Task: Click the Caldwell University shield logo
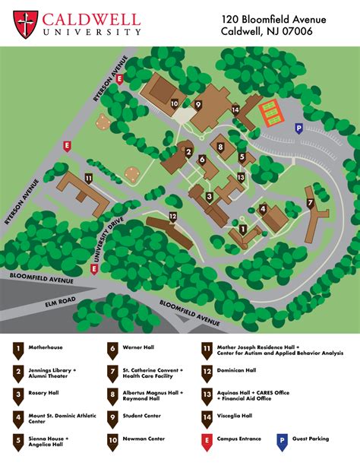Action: (x=25, y=24)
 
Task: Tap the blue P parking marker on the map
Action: (x=298, y=128)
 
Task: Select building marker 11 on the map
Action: (x=89, y=179)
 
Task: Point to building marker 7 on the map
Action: (x=309, y=202)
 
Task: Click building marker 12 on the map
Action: (x=173, y=217)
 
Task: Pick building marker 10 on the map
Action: (x=175, y=103)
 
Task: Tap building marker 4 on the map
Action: (x=262, y=208)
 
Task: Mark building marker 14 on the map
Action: (x=236, y=110)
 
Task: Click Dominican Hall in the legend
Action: (x=238, y=372)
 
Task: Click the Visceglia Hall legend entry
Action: (x=236, y=416)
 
